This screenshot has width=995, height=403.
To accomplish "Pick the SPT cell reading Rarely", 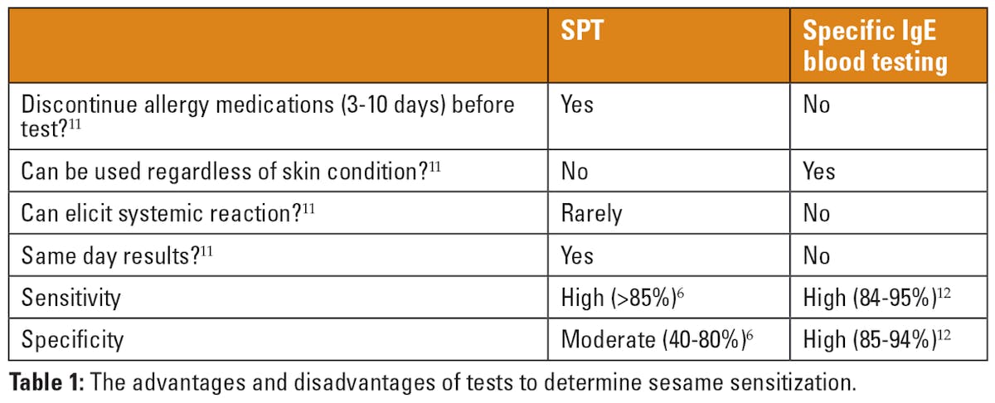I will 591,213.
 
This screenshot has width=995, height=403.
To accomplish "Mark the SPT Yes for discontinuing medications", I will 577,105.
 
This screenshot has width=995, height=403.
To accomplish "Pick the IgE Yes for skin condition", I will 819,171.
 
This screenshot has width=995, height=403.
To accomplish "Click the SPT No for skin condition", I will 575,171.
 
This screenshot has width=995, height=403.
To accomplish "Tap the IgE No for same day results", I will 817,255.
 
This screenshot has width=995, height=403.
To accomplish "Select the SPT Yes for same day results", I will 577,255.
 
